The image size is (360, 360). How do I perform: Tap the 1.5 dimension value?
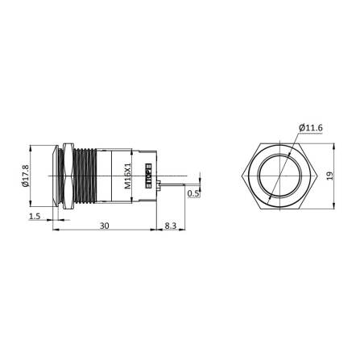click(x=34, y=217)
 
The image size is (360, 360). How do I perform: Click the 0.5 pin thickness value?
click(x=192, y=193)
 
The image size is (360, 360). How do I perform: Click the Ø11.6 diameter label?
click(x=309, y=127)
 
